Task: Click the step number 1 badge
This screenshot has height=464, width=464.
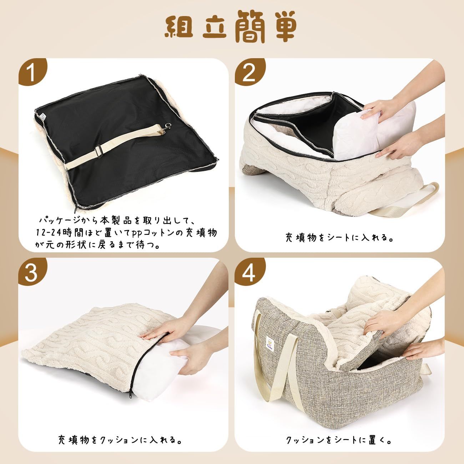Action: tap(32, 72)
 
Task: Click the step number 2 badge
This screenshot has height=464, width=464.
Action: tap(249, 72)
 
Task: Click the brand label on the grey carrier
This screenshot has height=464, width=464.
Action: tap(270, 344)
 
